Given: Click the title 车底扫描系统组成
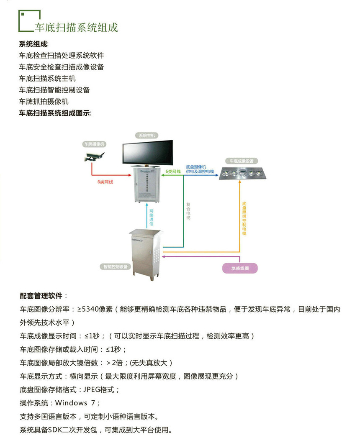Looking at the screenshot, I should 76,28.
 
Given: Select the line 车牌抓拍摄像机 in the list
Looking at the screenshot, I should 44,101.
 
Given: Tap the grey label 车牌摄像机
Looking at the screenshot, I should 94,144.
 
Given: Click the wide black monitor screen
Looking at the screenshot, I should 147,153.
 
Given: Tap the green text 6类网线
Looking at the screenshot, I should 173,172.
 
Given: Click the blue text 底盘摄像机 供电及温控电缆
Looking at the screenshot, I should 200,169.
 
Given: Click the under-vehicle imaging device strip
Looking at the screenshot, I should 239,172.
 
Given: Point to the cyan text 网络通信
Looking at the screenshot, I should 151,216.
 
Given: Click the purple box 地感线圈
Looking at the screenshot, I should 240,268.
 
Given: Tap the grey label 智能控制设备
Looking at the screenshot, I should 116,266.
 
